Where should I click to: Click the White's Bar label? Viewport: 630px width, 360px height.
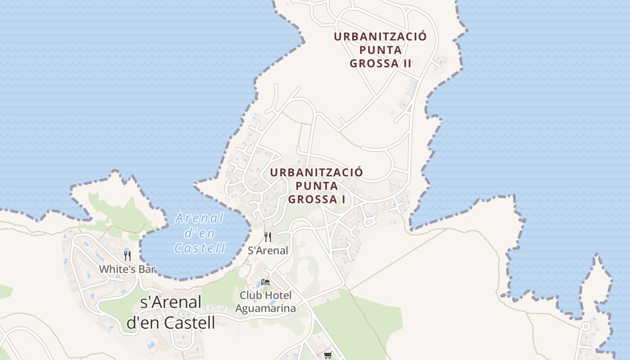pos(127,269)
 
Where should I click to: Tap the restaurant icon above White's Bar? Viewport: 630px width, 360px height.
pos(127,256)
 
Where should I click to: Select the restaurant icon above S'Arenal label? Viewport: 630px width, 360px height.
pos(268,237)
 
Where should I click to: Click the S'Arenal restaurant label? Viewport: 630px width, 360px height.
pos(268,251)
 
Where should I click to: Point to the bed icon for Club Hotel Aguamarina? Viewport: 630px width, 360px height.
pos(265,283)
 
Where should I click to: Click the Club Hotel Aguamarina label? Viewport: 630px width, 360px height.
pos(265,301)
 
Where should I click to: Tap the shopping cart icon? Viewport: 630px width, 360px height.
pos(328,355)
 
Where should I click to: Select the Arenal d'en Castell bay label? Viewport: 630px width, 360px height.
pos(200,233)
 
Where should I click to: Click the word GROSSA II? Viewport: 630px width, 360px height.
pos(380,63)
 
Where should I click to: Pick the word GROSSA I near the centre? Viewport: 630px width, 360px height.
pos(316,199)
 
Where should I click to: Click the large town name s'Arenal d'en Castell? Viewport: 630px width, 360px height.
pos(171,312)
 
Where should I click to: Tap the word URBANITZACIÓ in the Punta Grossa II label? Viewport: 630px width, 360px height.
pos(380,37)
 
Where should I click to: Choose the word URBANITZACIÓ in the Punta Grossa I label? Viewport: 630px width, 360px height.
pos(316,172)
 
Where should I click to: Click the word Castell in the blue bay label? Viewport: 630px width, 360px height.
pos(200,248)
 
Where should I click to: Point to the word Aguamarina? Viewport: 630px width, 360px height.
pos(265,308)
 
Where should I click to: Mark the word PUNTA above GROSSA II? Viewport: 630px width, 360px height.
pos(380,50)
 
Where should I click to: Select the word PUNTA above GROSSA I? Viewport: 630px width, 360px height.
pos(316,185)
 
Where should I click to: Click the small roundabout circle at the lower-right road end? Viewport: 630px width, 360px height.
pos(586,326)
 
